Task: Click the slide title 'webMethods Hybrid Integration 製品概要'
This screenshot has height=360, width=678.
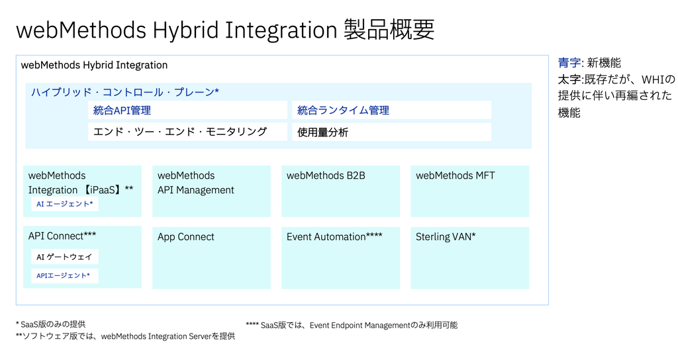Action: click(x=225, y=30)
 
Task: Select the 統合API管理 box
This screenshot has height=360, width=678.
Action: click(x=187, y=111)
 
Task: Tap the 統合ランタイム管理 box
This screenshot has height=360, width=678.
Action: click(x=391, y=111)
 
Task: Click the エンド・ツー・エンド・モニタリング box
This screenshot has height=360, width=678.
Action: click(x=187, y=132)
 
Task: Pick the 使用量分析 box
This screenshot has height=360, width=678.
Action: click(x=391, y=132)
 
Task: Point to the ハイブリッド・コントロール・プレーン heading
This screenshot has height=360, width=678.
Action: click(x=125, y=92)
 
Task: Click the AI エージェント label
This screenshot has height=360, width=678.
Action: click(x=65, y=204)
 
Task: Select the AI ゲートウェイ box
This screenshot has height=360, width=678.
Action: click(x=65, y=257)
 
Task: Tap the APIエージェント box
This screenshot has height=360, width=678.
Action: click(x=65, y=276)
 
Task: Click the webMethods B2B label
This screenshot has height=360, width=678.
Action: click(x=326, y=175)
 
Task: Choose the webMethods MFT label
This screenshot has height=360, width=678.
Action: click(x=455, y=175)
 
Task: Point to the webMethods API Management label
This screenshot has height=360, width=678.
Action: click(x=195, y=183)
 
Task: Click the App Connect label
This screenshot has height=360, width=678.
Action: click(x=185, y=237)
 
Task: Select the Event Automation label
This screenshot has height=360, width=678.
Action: click(x=334, y=237)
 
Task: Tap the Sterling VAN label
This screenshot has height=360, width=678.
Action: click(x=446, y=237)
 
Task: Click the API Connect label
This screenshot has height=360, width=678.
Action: click(x=62, y=236)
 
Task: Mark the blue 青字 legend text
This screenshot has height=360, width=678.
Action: click(x=569, y=63)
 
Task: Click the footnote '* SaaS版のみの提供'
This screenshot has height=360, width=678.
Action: click(x=50, y=324)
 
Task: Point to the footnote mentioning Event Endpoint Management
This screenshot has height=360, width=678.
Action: click(x=352, y=325)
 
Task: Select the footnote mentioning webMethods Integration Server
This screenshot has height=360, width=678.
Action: click(x=125, y=336)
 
